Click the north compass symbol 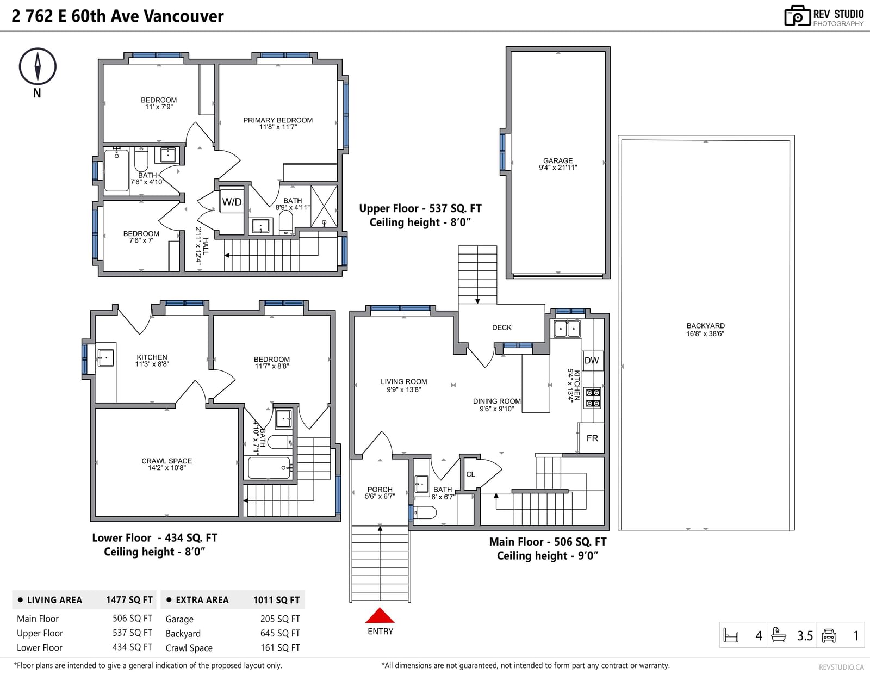click(38, 66)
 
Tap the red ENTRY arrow click(380, 616)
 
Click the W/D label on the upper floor click(232, 202)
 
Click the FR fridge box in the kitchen click(592, 438)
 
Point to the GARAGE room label click(558, 160)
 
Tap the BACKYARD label click(705, 326)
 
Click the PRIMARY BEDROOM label click(278, 120)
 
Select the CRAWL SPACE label click(166, 461)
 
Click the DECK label click(502, 327)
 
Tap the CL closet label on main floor click(470, 474)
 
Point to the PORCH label click(380, 490)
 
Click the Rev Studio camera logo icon click(797, 16)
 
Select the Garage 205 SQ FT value click(280, 619)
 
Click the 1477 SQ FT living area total click(129, 600)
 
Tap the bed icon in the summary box click(731, 635)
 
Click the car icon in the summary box click(828, 635)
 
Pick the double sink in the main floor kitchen click(567, 329)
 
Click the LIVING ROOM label click(403, 382)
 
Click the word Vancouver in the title click(184, 16)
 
